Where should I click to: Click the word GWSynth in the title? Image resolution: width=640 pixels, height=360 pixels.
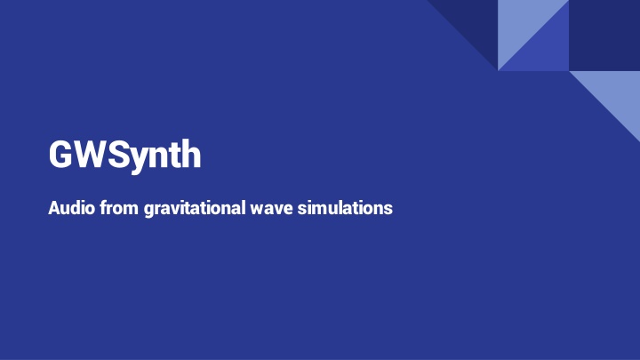[x=125, y=155]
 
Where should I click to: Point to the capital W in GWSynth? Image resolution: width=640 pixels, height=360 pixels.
[x=91, y=155]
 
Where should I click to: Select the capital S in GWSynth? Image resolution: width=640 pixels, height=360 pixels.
[x=120, y=155]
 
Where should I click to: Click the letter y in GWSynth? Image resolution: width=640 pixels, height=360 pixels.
[x=141, y=158]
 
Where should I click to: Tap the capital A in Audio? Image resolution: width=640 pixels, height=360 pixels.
[x=55, y=209]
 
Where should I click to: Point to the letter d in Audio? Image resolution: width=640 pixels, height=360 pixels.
[x=77, y=209]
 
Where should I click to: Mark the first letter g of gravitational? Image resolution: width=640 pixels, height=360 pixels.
[x=148, y=212]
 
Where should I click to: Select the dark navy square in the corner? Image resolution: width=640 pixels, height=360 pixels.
[x=604, y=36]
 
